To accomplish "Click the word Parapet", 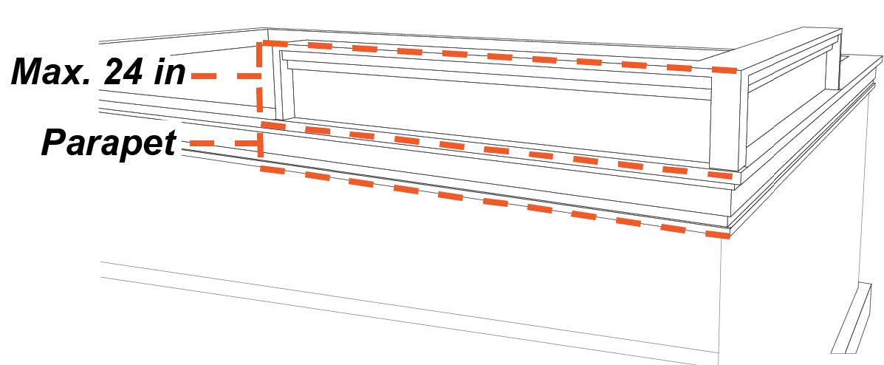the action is (x=109, y=143).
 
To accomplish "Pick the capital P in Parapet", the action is (x=53, y=143).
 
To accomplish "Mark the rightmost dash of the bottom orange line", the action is (x=716, y=235).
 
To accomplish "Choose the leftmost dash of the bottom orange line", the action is (x=273, y=171).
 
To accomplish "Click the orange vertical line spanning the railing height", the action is (x=259, y=78).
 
